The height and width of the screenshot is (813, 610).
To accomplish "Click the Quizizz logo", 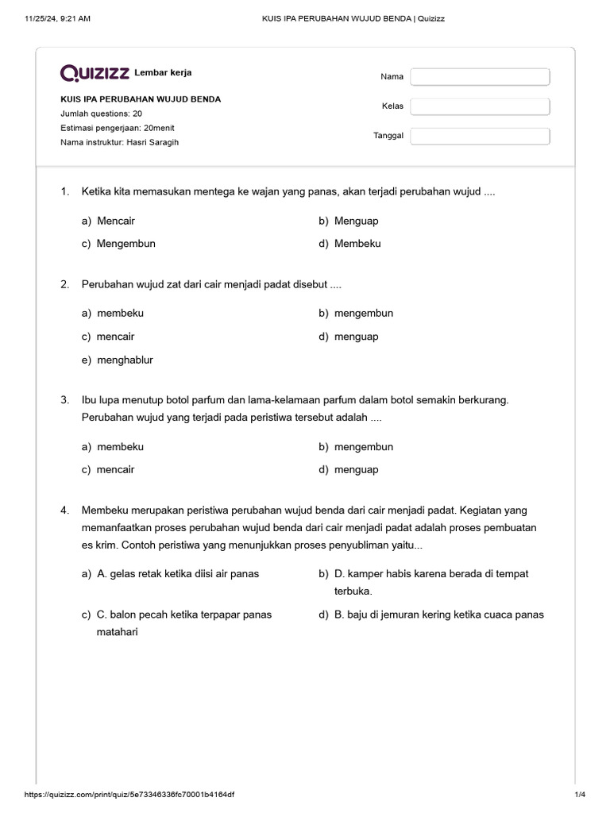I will pyautogui.click(x=95, y=74).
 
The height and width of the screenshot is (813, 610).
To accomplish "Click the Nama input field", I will pyautogui.click(x=480, y=77).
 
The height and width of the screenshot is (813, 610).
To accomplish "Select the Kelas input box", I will pyautogui.click(x=480, y=106).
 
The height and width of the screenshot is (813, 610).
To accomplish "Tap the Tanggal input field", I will pyautogui.click(x=480, y=136).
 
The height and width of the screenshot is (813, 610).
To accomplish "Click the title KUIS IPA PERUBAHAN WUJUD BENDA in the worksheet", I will pyautogui.click(x=141, y=100).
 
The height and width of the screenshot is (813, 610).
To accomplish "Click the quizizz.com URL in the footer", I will pyautogui.click(x=129, y=795).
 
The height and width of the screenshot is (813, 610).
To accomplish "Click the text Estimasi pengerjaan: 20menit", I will pyautogui.click(x=118, y=128).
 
